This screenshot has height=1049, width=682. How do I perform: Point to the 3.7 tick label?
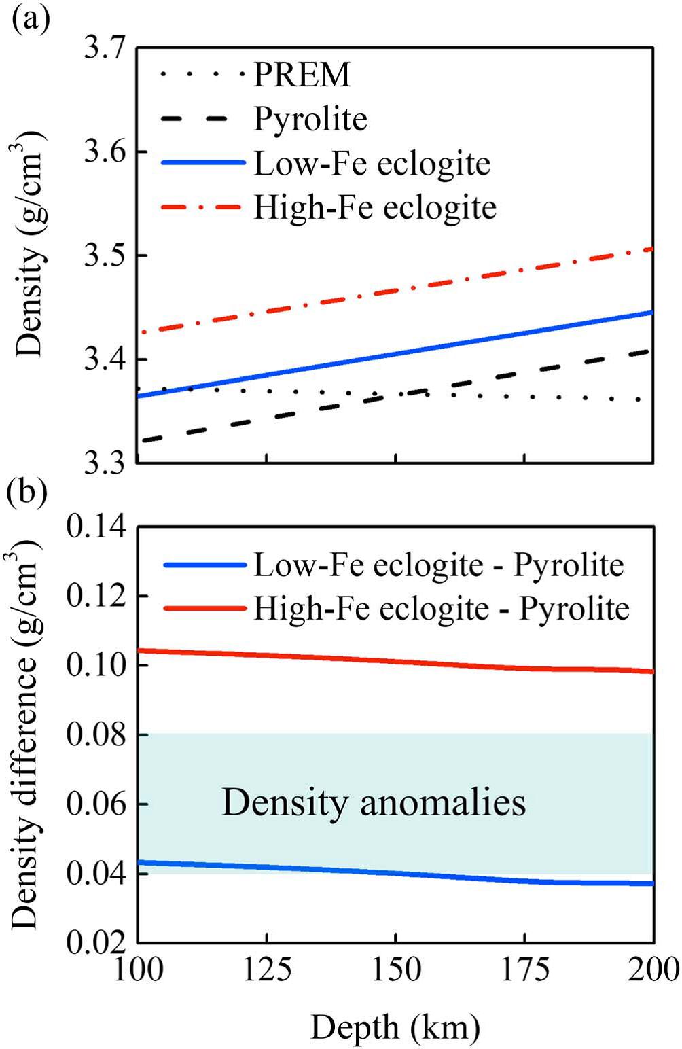105,48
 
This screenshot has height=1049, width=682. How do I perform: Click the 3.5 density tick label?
105,255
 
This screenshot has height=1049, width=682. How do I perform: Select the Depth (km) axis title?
395,1027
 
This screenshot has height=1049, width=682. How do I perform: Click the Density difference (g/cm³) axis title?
26,734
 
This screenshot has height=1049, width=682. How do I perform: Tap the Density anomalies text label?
374,803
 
